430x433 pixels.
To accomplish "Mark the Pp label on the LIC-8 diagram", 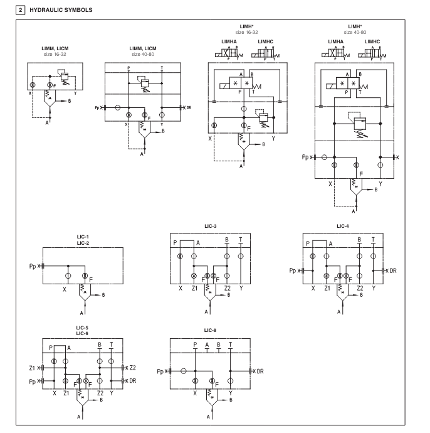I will [161, 371].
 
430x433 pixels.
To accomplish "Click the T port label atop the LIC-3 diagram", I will [241, 240].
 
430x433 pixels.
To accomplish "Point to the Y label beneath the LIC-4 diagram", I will [374, 288].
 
